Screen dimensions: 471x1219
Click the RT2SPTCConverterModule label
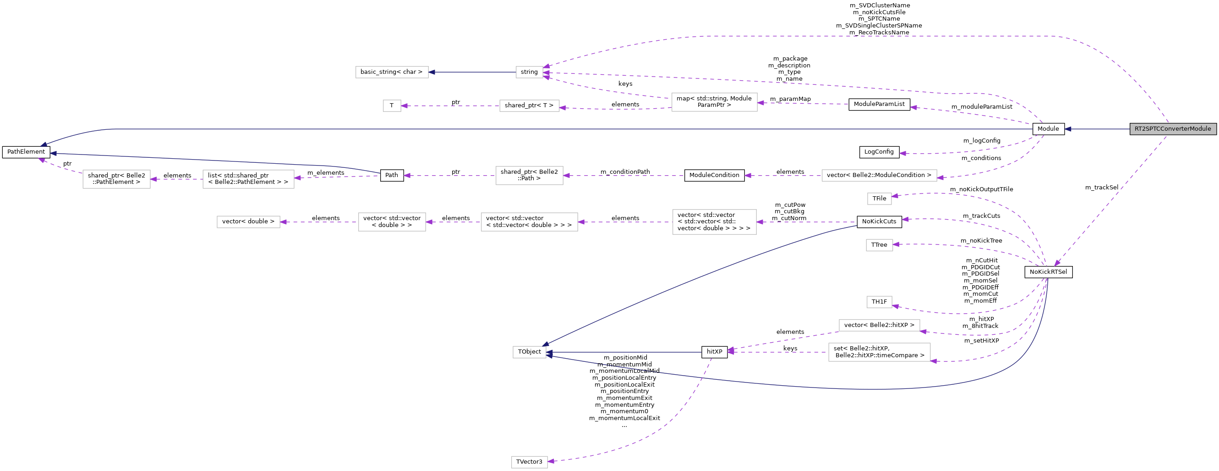point(1173,129)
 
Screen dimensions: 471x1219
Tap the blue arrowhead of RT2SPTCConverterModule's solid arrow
point(1068,129)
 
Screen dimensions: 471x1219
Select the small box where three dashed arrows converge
point(530,72)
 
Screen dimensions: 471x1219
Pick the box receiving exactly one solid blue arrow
point(392,72)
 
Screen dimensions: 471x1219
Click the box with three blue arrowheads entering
point(530,352)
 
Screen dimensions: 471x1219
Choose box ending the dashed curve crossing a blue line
point(530,462)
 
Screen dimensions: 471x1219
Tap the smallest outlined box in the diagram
point(392,105)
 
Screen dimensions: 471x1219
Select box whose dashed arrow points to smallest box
point(529,105)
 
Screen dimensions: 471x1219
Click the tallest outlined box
point(714,222)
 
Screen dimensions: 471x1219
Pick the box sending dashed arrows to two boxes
point(714,102)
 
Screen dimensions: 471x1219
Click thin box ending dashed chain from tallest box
point(248,222)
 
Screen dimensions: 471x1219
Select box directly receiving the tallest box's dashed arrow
point(529,222)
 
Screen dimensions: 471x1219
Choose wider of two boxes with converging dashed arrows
point(879,352)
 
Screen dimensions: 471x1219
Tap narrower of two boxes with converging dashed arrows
point(879,326)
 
